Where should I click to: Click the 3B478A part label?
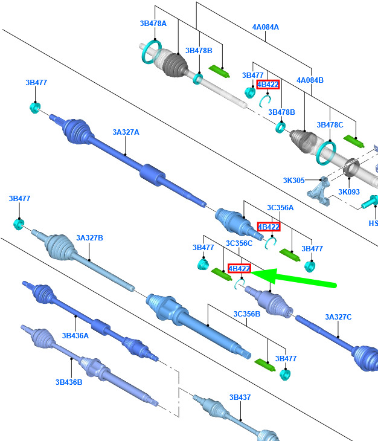[x=153, y=24]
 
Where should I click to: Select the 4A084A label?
[x=266, y=27]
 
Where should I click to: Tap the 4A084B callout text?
[x=310, y=80]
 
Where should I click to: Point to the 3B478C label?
[x=330, y=125]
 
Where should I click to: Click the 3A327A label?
[x=126, y=132]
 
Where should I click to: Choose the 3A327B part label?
[x=89, y=238]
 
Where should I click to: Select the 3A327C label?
[x=338, y=317]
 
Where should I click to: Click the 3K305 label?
[x=293, y=180]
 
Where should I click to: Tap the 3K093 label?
[x=349, y=192]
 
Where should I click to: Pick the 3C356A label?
[x=280, y=208]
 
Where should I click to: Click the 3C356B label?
[x=247, y=314]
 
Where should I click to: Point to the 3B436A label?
[x=75, y=335]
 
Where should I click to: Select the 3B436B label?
[x=69, y=382]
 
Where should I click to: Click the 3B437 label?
[x=240, y=398]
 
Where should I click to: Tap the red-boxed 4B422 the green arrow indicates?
[x=239, y=269]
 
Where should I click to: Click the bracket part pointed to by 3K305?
[x=320, y=192]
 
